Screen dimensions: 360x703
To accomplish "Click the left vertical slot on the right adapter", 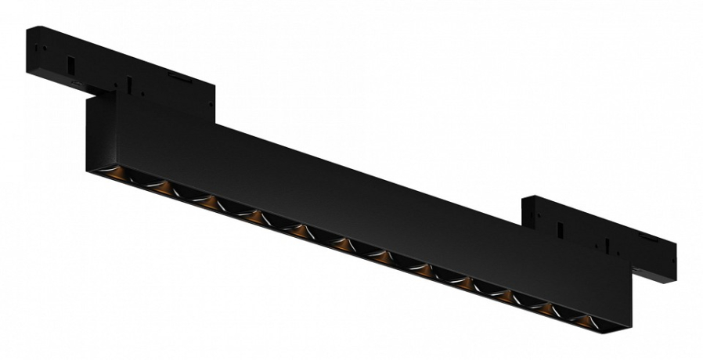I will (x=562, y=230).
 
